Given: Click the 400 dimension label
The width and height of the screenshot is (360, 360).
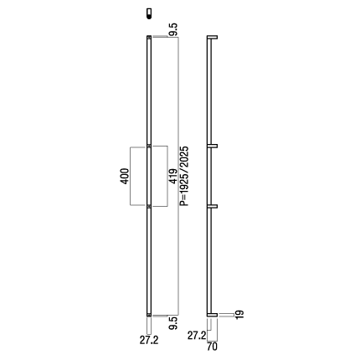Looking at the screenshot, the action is coord(125,176).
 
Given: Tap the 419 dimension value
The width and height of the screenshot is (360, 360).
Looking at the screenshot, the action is coord(173,177).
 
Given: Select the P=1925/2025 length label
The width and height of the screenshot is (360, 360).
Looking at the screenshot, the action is coord(184,176).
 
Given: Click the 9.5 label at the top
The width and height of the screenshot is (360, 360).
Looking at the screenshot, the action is coord(173,29).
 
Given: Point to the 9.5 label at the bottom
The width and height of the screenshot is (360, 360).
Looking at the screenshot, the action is coord(173,323).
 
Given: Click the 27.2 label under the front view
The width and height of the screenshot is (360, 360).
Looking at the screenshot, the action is coord(149,340).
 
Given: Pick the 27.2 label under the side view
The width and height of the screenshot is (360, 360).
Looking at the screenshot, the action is coord(197,336).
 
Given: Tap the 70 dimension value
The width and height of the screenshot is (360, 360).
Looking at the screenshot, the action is coord(212,347).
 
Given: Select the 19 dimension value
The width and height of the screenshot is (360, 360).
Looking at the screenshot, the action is coord(239,315).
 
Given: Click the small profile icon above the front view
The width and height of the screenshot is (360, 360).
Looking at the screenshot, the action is coord(149,13).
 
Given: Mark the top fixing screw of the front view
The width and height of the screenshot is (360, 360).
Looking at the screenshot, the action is coord(149,37).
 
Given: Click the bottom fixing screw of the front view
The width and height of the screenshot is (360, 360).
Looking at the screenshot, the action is coord(149,315).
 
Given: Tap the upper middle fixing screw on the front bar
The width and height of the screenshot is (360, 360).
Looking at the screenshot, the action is coord(149,146).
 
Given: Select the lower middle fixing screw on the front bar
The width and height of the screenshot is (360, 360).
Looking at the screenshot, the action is coord(149,206).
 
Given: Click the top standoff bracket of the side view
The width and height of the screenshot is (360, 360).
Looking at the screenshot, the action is coord(212,37).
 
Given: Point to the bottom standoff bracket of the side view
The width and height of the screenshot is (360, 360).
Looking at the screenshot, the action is coord(212,315).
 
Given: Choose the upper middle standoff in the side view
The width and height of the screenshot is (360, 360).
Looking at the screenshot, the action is coord(212,146).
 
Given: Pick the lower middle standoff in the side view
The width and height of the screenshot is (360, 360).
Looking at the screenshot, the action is coord(212,206).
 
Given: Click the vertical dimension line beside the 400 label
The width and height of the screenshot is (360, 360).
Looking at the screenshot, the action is coord(131,176).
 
